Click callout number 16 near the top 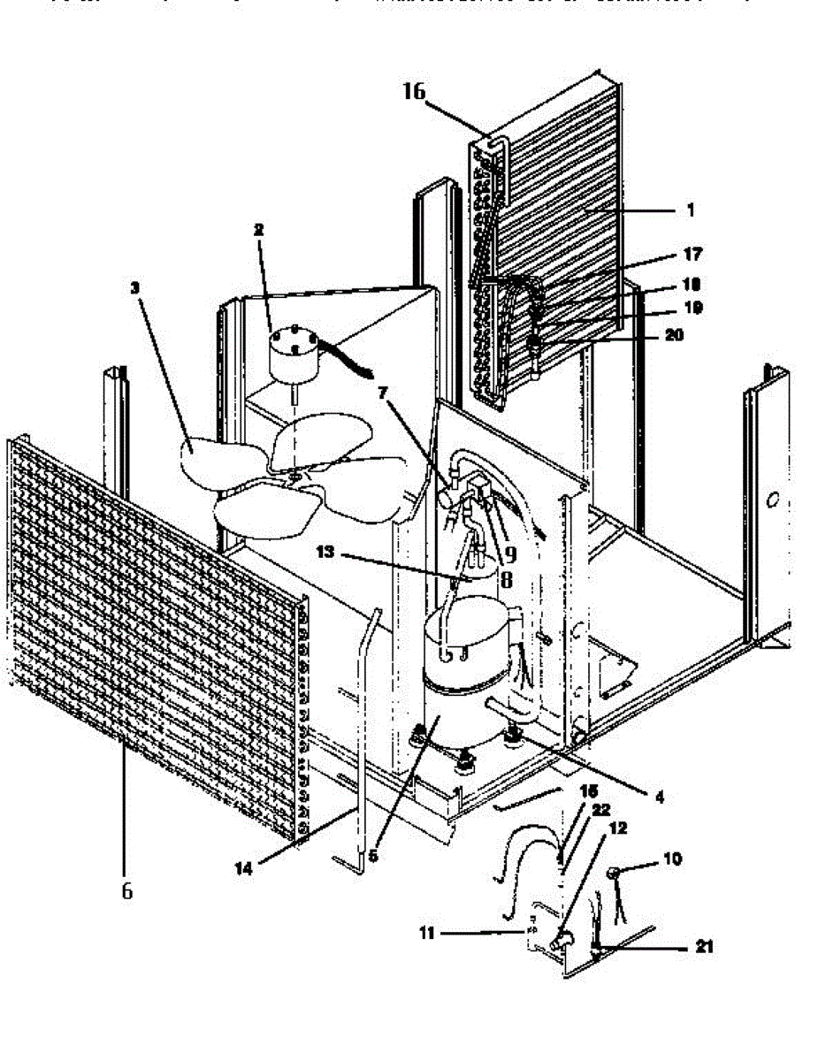(x=415, y=90)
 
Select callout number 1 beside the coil (x=690, y=211)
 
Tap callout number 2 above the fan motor (x=258, y=229)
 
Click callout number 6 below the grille (x=126, y=890)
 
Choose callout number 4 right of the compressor (x=657, y=796)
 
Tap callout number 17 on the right (x=693, y=255)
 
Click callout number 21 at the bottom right (x=704, y=947)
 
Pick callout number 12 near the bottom (x=618, y=828)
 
